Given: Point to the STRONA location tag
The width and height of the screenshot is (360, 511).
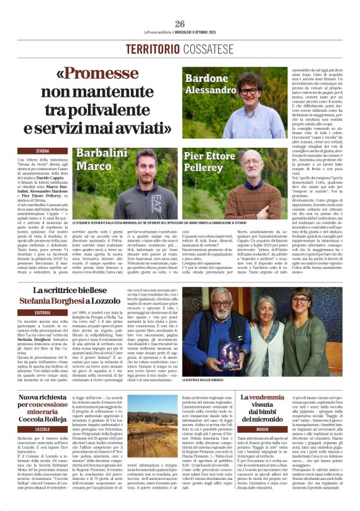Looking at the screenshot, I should coord(42,151).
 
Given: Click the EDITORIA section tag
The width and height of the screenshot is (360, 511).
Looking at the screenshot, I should coord(42,313).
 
